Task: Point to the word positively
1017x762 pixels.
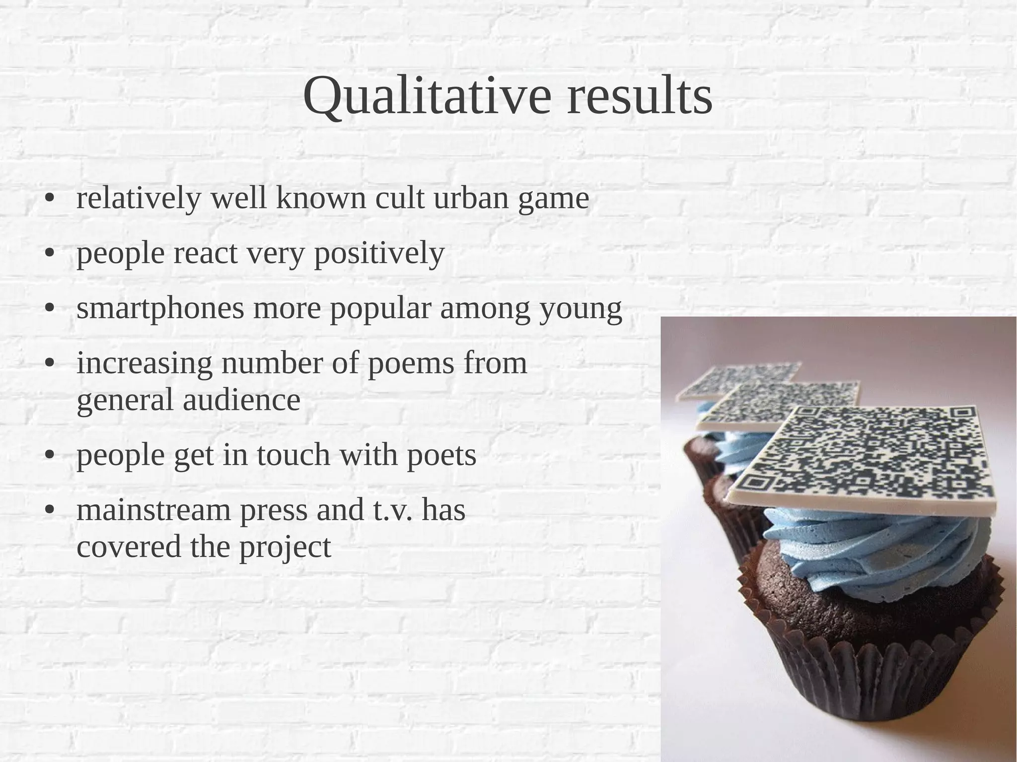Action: pos(379,254)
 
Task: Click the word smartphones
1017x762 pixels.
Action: pos(160,309)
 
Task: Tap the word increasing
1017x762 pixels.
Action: pos(144,363)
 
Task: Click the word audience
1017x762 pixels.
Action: pos(241,400)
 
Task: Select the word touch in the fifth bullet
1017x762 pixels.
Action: pos(293,455)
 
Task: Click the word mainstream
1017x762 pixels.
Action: pos(153,510)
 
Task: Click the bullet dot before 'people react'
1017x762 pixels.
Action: pos(49,254)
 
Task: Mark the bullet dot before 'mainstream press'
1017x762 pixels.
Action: pos(49,510)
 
